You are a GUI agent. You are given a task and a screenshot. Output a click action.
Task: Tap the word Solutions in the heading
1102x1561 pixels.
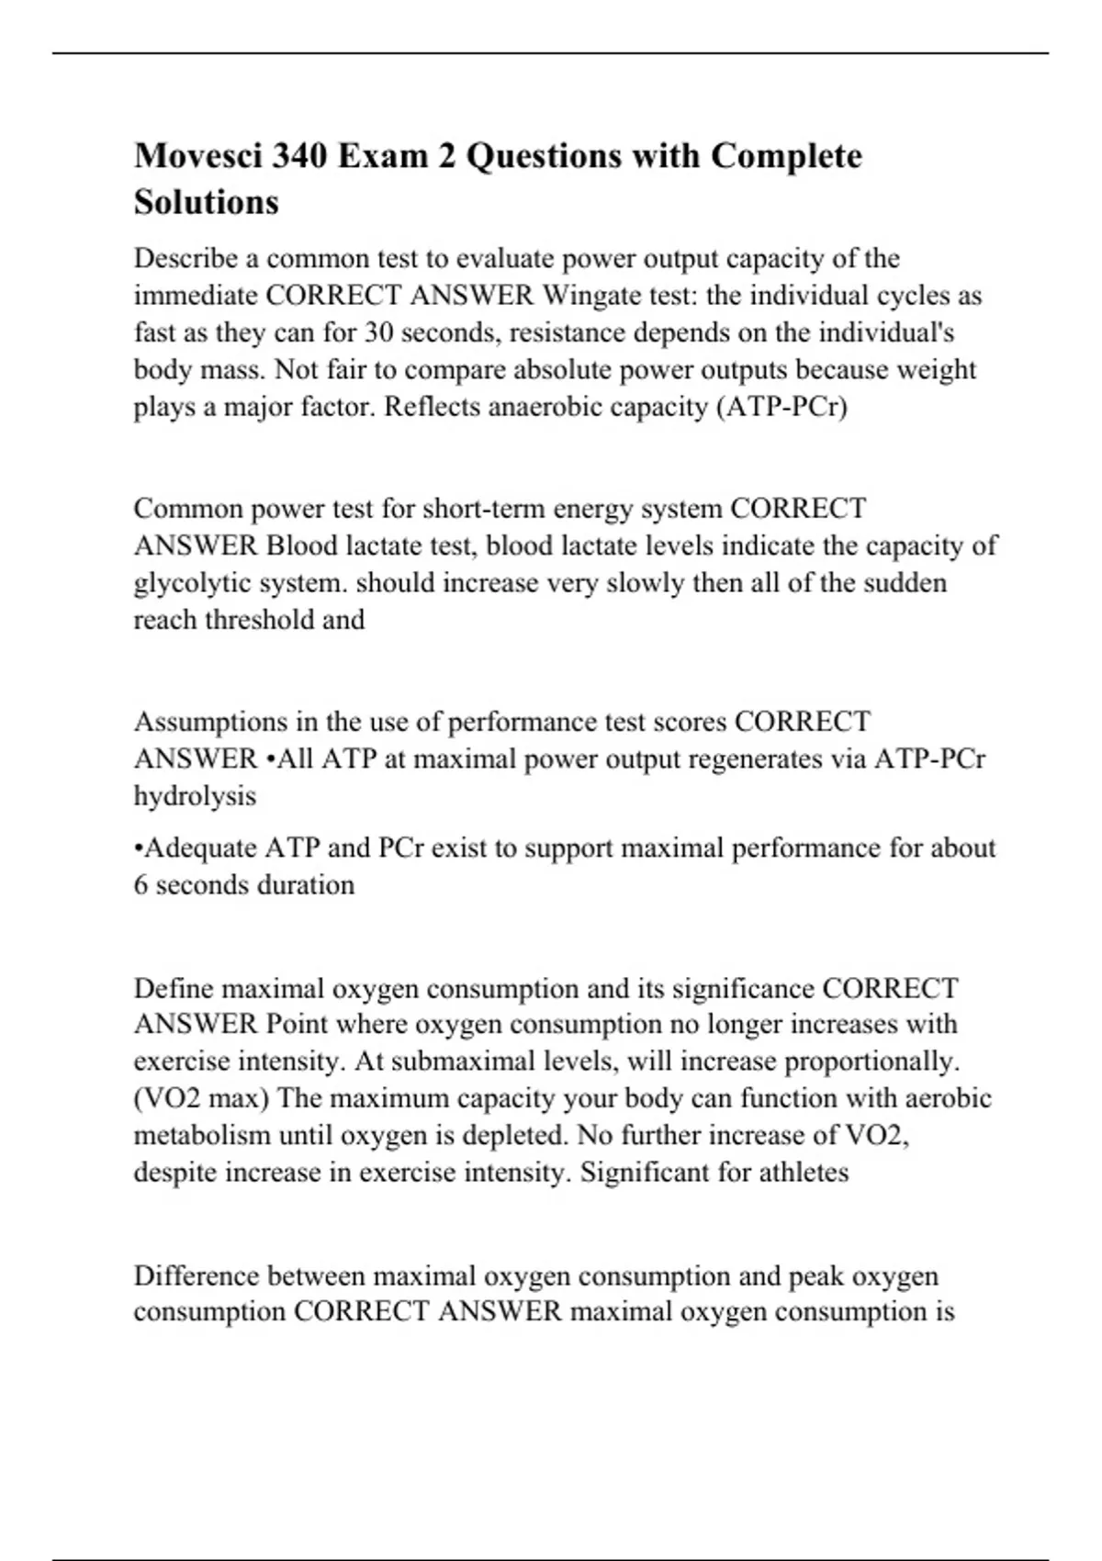coord(206,202)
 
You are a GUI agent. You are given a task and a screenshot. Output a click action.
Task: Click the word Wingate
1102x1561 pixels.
coord(594,296)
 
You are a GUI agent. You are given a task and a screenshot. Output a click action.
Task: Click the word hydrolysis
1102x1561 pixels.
coord(195,796)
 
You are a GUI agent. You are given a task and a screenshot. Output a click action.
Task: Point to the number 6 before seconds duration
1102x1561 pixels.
coord(141,885)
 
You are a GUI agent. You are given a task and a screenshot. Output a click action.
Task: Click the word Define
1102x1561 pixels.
coord(174,989)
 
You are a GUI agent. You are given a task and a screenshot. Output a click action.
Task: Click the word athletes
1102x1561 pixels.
coord(804,1173)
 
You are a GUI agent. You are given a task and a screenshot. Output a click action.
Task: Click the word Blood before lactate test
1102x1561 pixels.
coord(302,546)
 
